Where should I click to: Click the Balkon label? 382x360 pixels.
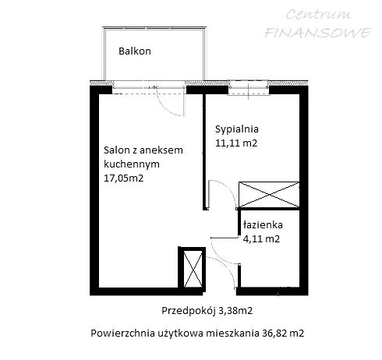tap(134, 51)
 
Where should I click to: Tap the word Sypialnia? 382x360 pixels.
tap(236, 129)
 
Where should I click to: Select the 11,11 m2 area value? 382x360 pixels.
tap(236, 143)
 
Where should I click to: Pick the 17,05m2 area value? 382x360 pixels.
tap(125, 178)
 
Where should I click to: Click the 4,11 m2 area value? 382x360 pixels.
tap(263, 238)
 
